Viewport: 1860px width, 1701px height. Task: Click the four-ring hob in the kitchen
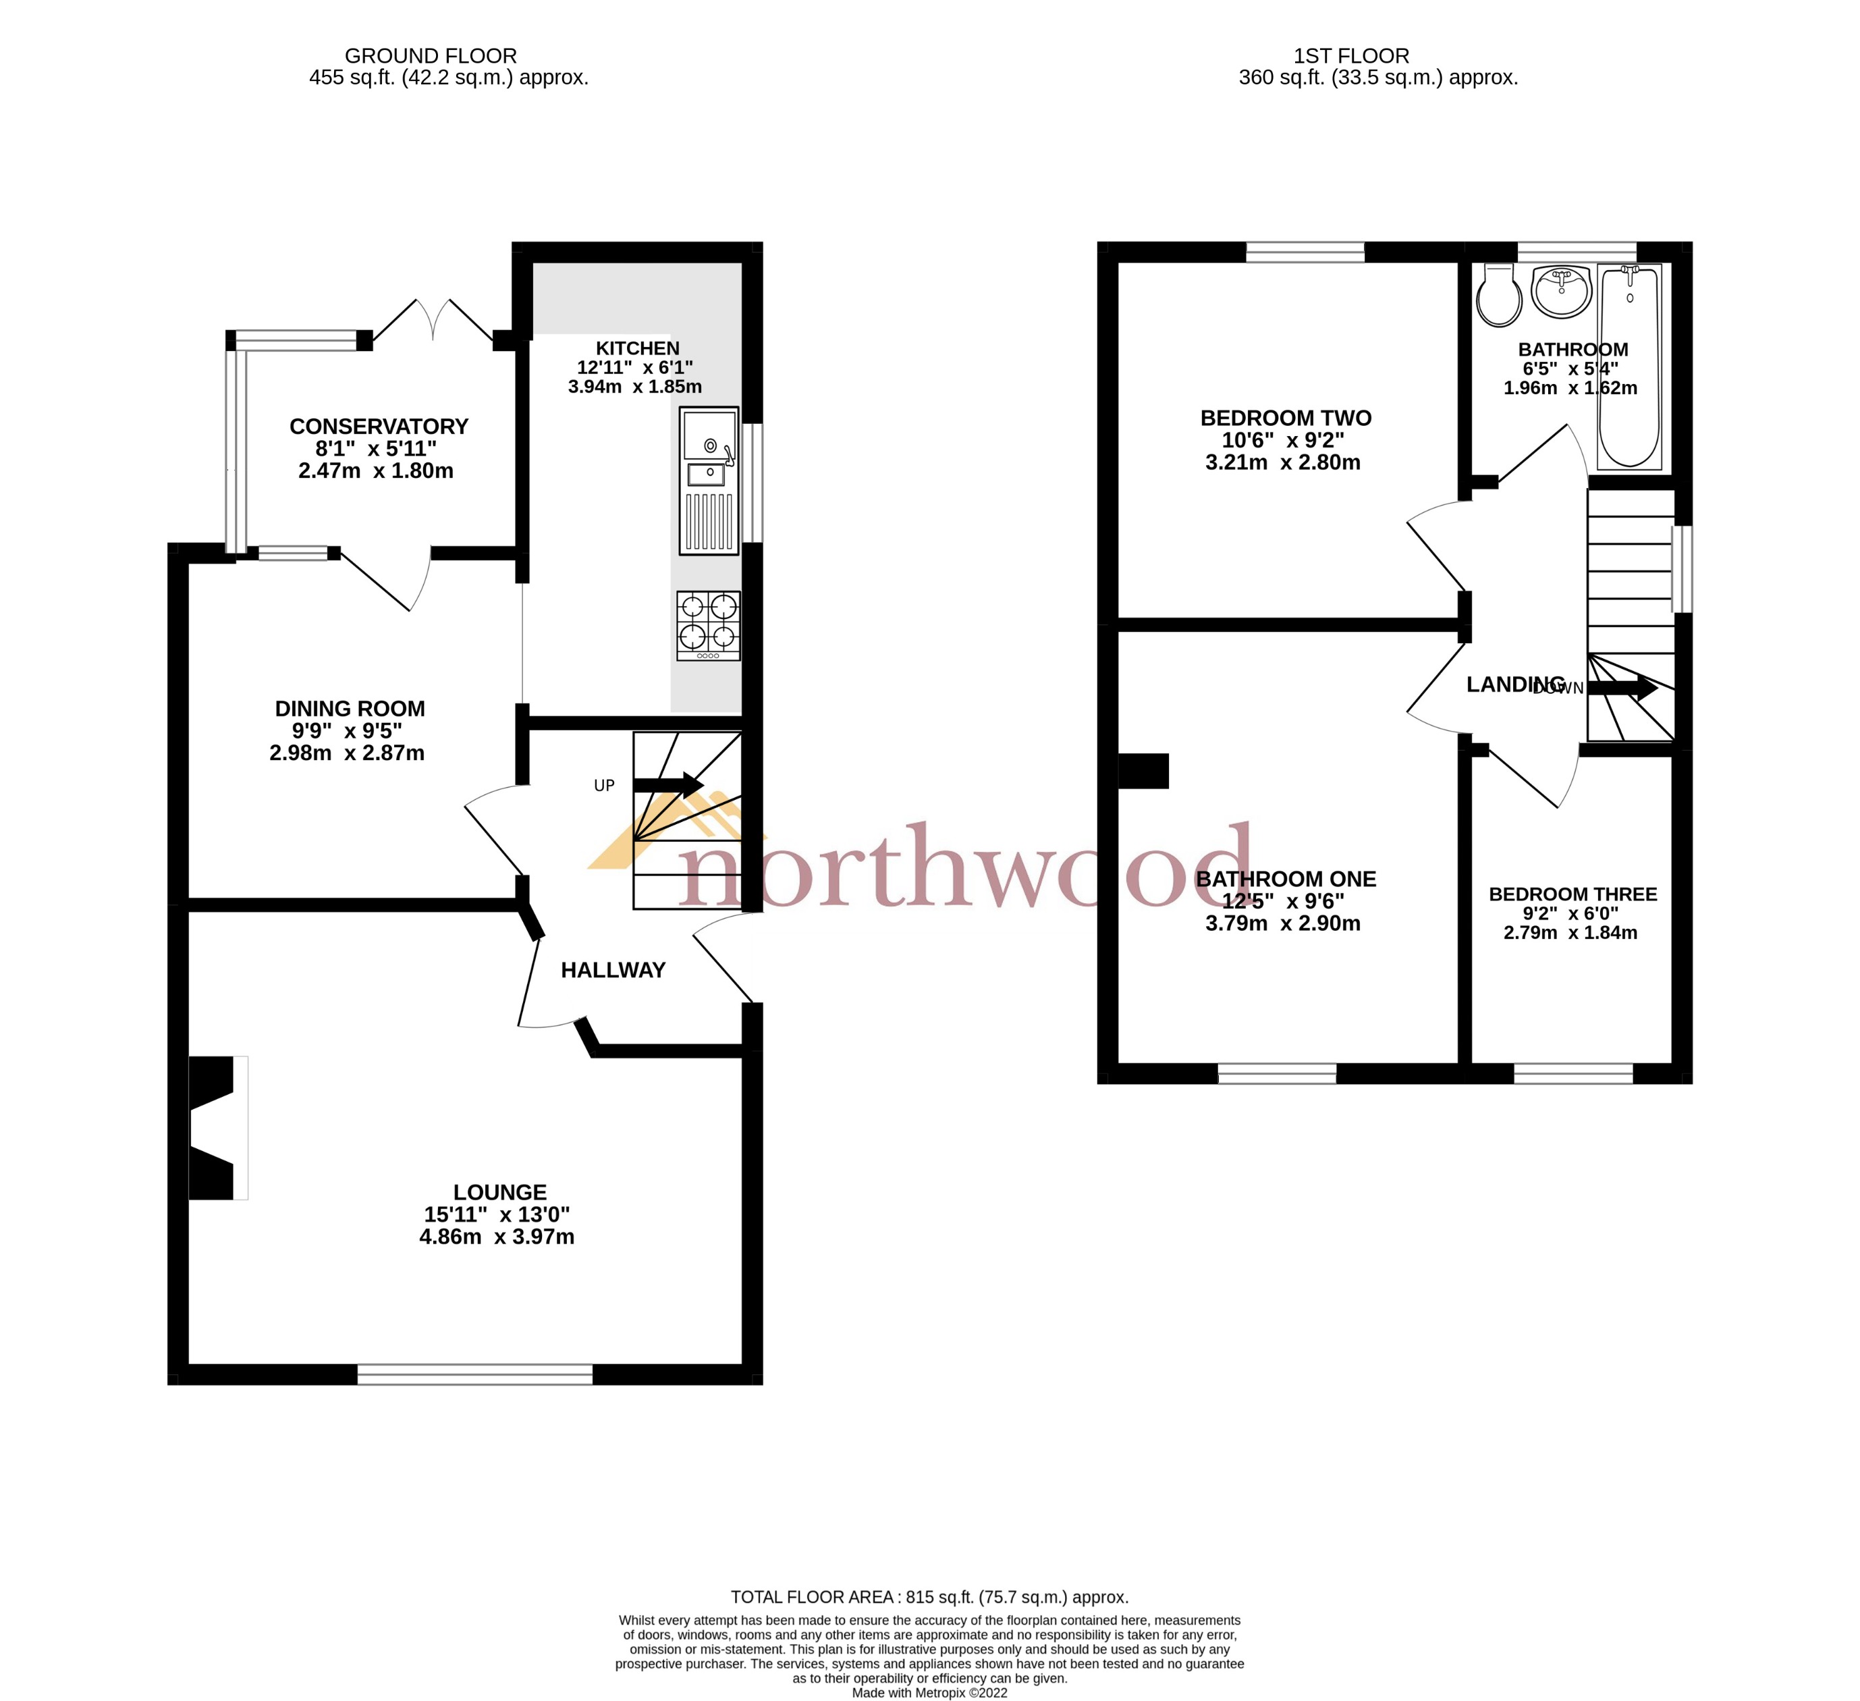tap(708, 625)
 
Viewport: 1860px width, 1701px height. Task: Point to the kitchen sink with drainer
tap(709, 480)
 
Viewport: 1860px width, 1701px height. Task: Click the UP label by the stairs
tap(604, 786)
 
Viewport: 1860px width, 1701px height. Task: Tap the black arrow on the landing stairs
tap(1622, 688)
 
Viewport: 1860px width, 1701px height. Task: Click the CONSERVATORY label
tap(379, 427)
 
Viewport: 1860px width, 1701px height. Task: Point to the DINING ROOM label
tap(350, 709)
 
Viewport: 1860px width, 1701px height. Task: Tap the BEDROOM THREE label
tap(1573, 894)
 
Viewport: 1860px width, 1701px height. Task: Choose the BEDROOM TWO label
tap(1285, 418)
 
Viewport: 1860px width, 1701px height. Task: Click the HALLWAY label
tap(613, 970)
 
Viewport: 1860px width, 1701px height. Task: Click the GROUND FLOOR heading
tap(431, 56)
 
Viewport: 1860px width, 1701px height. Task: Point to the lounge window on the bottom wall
tap(474, 1375)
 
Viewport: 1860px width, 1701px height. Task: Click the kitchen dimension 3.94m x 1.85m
tap(635, 387)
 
